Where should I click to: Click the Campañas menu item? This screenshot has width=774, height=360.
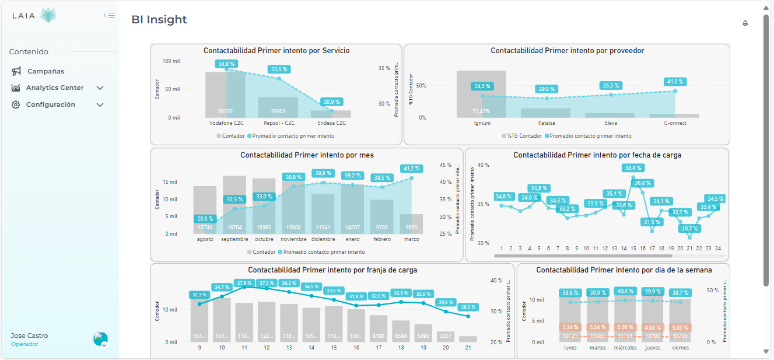[45, 71]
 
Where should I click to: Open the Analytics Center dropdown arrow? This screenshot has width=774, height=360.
[100, 88]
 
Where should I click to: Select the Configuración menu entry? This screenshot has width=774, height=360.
[50, 105]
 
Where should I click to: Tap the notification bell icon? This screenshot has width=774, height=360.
[745, 23]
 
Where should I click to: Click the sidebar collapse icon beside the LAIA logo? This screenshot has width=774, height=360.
[109, 16]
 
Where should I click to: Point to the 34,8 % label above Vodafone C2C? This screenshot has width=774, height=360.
[226, 64]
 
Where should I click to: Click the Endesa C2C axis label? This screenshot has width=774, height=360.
[331, 123]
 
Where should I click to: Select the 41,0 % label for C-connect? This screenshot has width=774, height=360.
[675, 82]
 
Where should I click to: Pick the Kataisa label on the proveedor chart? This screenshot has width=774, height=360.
[547, 123]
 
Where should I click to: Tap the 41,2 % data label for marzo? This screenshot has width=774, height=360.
[411, 169]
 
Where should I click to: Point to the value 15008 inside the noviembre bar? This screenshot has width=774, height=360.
[293, 228]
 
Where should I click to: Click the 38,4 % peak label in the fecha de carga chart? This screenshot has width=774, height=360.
[633, 168]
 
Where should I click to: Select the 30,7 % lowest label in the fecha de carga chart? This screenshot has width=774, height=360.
[689, 229]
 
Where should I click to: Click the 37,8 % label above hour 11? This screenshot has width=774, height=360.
[244, 283]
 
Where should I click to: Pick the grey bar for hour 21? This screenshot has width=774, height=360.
[468, 339]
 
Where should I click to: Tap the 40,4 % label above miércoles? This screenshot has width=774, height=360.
[625, 291]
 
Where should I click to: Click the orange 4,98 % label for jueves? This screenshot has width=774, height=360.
[653, 327]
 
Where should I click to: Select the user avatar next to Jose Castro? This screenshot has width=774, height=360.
[100, 339]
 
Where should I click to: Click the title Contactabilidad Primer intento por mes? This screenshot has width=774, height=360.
[307, 155]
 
